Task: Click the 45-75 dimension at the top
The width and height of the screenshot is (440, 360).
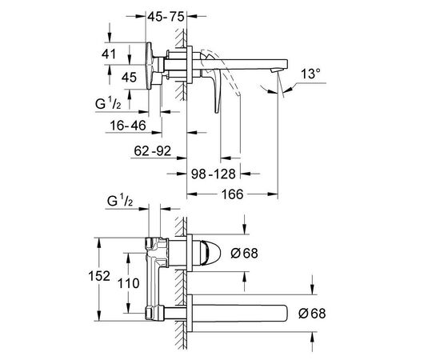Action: (x=166, y=17)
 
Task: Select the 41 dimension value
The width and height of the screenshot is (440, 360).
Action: (x=109, y=54)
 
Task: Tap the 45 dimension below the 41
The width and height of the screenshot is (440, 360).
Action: (x=129, y=77)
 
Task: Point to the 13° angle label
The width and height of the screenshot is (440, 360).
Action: (x=310, y=74)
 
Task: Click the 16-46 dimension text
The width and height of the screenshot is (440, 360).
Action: (x=128, y=126)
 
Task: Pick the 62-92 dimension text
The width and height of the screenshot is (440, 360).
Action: (x=152, y=151)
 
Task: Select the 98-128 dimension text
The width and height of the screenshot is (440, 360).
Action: (x=214, y=174)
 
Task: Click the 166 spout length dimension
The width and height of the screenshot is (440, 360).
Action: (x=232, y=194)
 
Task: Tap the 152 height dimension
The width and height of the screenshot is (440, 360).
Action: (x=99, y=276)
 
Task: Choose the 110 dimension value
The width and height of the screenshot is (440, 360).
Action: (x=128, y=283)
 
